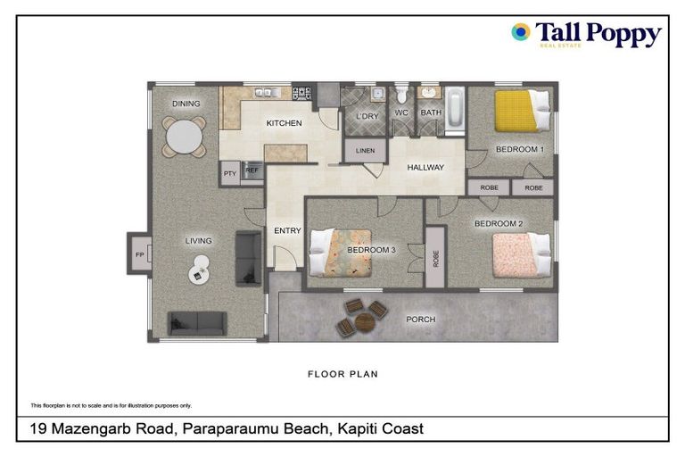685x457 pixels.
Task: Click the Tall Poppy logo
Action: coord(586,35)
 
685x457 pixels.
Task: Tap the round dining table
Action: coord(185,137)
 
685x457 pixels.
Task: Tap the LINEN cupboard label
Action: coord(366,151)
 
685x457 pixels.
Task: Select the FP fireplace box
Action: coord(139,255)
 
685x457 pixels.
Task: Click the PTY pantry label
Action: coord(229,173)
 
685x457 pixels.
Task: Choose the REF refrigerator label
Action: coord(252,170)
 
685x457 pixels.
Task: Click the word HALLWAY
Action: coord(425,168)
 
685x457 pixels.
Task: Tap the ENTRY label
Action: coord(287,231)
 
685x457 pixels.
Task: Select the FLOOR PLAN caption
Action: coord(342,374)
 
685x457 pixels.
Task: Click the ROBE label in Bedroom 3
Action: coord(435,257)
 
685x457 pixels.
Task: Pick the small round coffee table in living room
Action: coord(199,270)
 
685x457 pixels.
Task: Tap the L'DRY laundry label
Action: coord(367,116)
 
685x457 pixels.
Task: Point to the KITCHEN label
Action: coord(284,123)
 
